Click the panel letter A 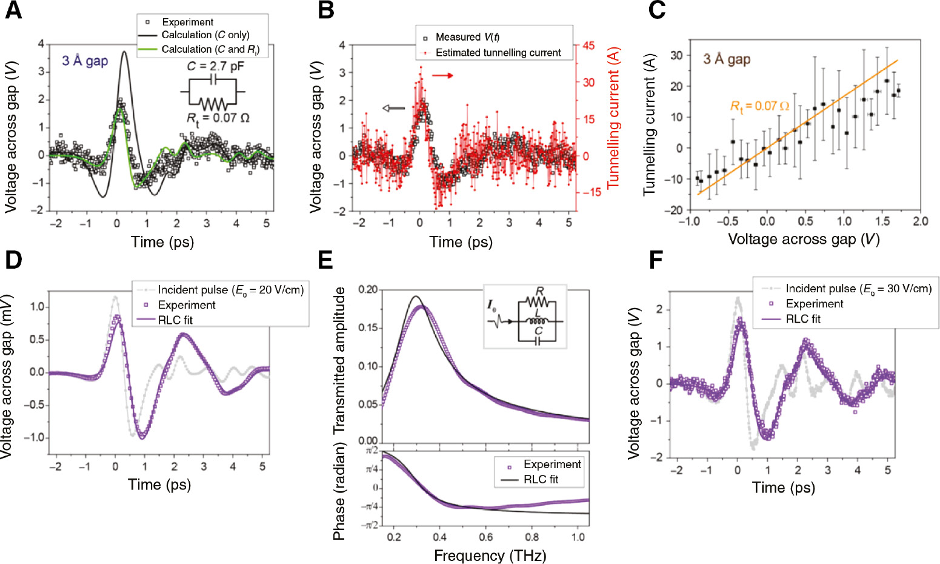coord(13,11)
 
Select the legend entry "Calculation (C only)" coord(205,35)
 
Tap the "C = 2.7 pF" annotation coord(215,66)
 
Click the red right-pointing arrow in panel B coord(442,75)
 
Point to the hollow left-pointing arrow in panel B coord(393,108)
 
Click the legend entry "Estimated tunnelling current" coord(498,53)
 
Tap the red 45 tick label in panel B coord(588,45)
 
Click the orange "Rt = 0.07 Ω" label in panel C coord(759,107)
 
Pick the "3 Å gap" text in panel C coord(727,59)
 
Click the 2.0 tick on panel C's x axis coord(920,221)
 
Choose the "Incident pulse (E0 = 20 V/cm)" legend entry coord(230,290)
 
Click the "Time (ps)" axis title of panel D coord(159,485)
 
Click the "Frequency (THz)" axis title coord(490,556)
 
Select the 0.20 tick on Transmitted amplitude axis coord(367,290)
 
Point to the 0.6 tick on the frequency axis coord(485,537)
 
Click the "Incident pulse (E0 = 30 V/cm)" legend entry coord(858,289)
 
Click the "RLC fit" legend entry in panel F coord(802,319)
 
